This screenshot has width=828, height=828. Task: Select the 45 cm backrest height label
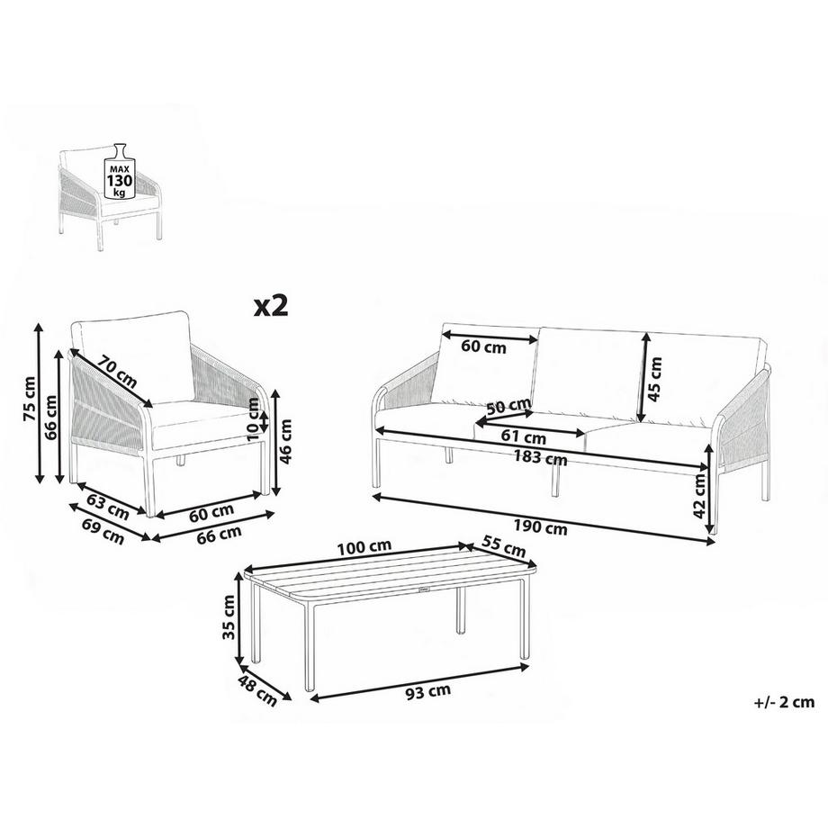click(656, 377)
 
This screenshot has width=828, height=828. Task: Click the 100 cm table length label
click(364, 546)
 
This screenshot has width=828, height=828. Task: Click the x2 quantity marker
click(270, 306)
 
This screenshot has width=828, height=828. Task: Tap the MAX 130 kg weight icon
click(120, 175)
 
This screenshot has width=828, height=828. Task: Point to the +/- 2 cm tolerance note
click(779, 703)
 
